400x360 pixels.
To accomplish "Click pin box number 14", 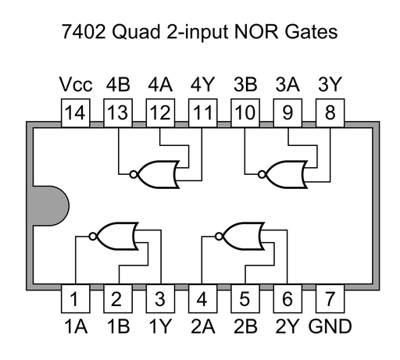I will (x=75, y=113).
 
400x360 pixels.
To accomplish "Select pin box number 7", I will (x=330, y=298).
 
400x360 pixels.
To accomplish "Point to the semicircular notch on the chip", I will (x=48, y=206).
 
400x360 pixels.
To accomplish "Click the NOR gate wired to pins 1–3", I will (x=115, y=234).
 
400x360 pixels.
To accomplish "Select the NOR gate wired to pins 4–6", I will (x=242, y=234).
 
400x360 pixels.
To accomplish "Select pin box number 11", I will (x=202, y=113).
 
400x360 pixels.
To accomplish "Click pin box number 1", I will (x=75, y=298).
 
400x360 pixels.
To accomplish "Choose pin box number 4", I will (x=202, y=298).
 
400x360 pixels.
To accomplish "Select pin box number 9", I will (x=287, y=113).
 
